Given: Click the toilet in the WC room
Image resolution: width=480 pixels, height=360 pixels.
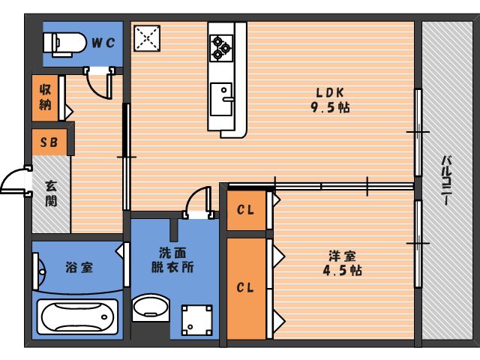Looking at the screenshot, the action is coord(64,44).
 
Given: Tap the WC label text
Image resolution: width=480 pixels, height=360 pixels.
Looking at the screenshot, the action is coord(103,43).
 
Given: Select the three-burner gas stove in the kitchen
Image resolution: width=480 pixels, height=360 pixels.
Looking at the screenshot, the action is coord(221,48).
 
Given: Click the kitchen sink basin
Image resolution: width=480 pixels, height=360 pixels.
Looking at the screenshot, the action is coord(221,99).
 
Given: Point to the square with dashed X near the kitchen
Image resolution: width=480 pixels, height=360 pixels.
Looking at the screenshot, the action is coord(147,38).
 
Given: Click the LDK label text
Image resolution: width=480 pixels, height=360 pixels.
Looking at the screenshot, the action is coord(330,92).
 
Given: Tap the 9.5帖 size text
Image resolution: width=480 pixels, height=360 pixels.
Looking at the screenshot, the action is coord(330,107).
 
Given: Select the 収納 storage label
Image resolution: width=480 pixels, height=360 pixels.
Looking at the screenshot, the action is coord(45,97).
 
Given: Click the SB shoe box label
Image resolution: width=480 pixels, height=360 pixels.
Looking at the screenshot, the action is coord(49,142).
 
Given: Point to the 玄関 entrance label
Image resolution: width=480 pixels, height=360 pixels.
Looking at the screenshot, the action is coord(51,193).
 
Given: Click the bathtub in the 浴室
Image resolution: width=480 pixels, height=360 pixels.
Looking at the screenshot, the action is coord(77,316).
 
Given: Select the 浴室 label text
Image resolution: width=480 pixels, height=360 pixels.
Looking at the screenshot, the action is coord(79,267).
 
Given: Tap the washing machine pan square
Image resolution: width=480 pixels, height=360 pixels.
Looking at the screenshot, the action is coord(196,320).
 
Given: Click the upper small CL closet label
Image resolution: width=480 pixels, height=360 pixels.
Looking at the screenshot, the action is coord(245,210).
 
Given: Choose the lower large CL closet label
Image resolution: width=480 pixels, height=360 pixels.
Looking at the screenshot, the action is coord(245,287).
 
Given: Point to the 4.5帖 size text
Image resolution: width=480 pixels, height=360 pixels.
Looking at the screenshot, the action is coord(343,271).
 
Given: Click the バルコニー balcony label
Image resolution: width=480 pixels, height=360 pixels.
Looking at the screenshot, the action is coord(447,180).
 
